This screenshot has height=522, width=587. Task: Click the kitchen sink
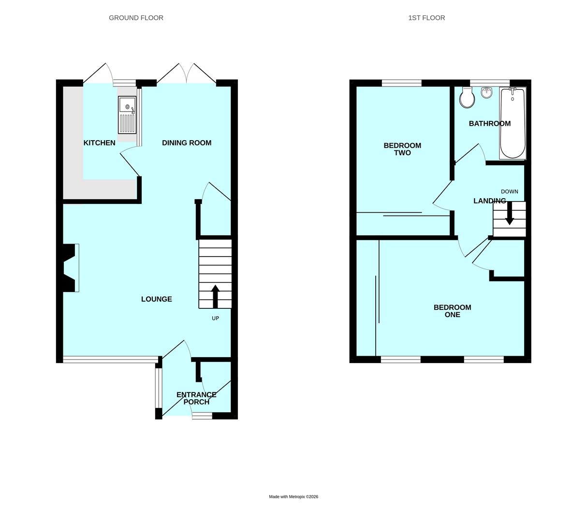click(x=127, y=115)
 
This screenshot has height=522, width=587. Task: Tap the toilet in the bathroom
click(x=467, y=98)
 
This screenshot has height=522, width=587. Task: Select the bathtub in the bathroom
click(x=513, y=123)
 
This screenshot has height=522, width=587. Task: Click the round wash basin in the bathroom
click(x=486, y=92)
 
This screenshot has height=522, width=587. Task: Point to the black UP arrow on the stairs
click(x=215, y=296)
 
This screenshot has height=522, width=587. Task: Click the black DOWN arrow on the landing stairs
click(x=509, y=214)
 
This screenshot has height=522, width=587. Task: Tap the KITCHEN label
click(x=99, y=143)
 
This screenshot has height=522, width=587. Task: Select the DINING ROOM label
click(x=187, y=143)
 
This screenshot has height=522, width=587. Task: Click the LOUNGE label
click(x=156, y=299)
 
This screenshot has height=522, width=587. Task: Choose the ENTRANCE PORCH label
click(x=196, y=398)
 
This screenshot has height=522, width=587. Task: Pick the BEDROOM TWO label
click(x=402, y=149)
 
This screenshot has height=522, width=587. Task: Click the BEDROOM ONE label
click(x=452, y=311)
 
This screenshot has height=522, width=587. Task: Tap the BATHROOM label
click(x=489, y=124)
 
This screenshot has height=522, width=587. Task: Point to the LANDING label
click(x=489, y=201)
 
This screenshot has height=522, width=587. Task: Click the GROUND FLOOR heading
click(x=136, y=18)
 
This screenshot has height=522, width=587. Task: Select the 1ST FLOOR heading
click(x=426, y=18)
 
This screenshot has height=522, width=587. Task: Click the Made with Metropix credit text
click(x=293, y=496)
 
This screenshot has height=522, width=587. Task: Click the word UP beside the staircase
click(x=215, y=318)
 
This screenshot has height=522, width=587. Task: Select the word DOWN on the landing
click(x=509, y=191)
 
